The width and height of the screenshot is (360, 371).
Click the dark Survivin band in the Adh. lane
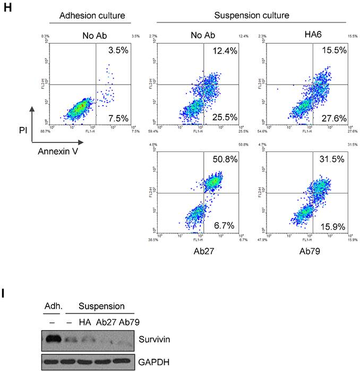pyautogui.click(x=53, y=338)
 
